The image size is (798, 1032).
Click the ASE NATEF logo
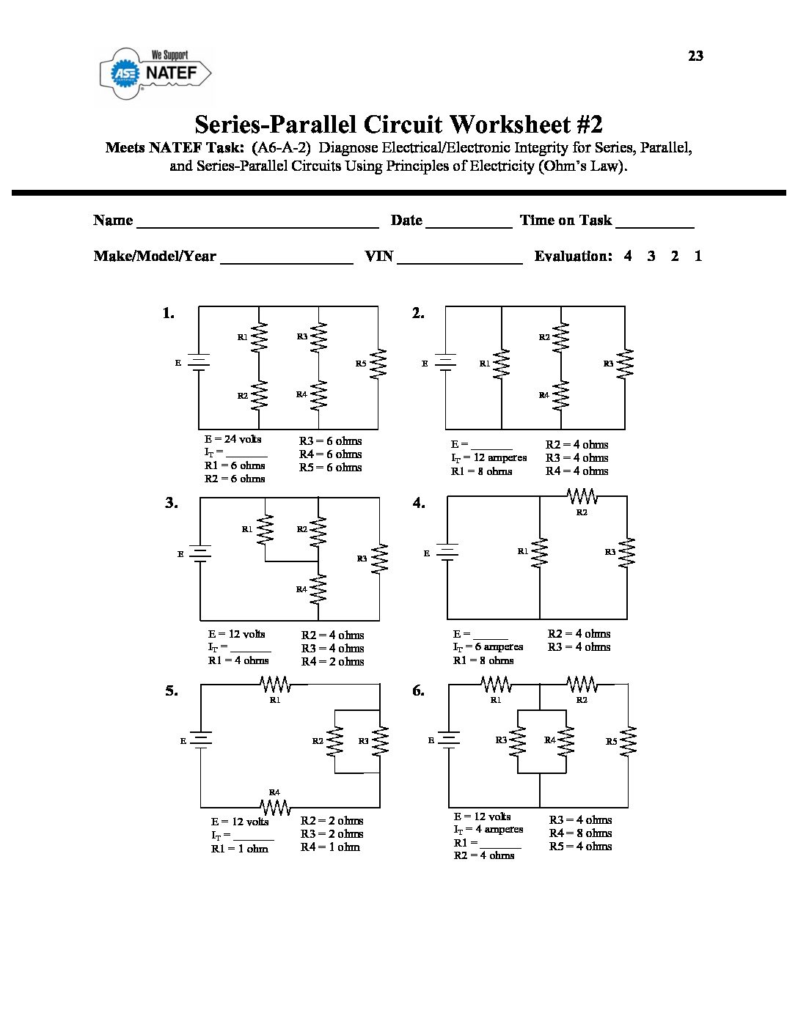point(155,73)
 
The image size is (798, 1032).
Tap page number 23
point(695,56)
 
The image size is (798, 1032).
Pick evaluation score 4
point(628,256)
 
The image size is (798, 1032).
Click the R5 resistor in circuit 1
point(378,364)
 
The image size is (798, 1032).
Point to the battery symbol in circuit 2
point(446,363)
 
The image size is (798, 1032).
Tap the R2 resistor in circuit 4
point(582,498)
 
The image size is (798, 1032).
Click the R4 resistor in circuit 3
point(318,589)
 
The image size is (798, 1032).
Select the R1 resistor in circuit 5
point(275,685)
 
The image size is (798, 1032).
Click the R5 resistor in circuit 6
point(628,741)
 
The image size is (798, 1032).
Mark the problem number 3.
point(171,503)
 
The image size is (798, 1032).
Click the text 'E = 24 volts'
point(233,439)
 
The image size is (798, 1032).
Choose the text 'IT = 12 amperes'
point(488,458)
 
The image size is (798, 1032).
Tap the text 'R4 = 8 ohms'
point(580,833)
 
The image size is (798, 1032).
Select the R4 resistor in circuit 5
point(275,807)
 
